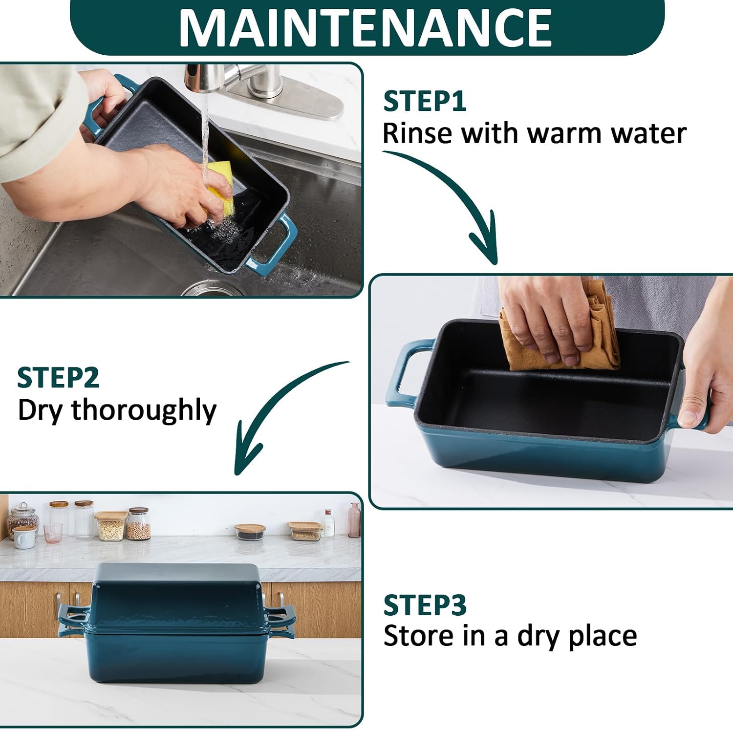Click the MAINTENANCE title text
pos(366,27)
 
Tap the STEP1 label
pos(425,101)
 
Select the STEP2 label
pos(58,378)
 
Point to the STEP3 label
pos(425,605)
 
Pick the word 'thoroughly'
pos(144,411)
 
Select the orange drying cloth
pos(562,337)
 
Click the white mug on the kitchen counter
pos(23,538)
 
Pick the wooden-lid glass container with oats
pos(111,526)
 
